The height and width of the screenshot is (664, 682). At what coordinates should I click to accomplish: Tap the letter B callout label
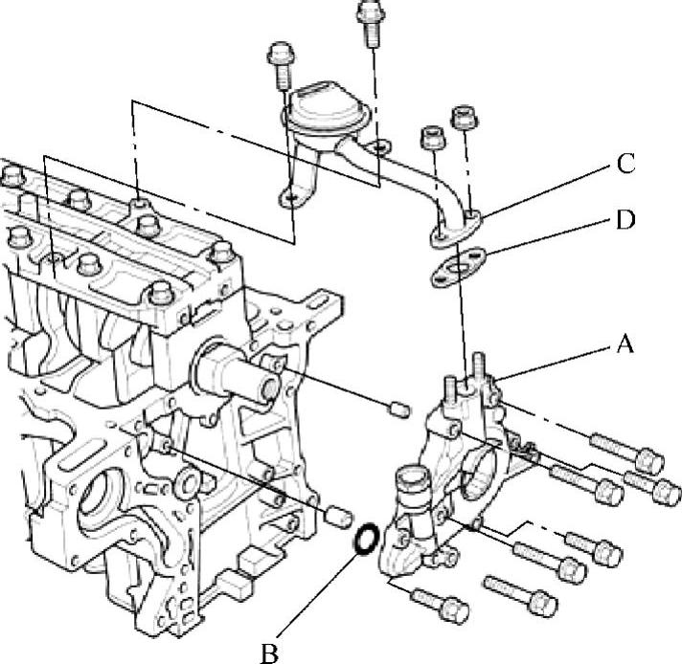point(269,653)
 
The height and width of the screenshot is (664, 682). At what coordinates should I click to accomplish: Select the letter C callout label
point(625,164)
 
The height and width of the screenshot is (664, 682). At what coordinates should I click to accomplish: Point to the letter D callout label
point(625,221)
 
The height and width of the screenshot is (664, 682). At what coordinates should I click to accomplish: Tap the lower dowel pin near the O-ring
point(336,517)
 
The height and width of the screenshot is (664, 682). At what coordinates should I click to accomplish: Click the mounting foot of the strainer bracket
point(293,198)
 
